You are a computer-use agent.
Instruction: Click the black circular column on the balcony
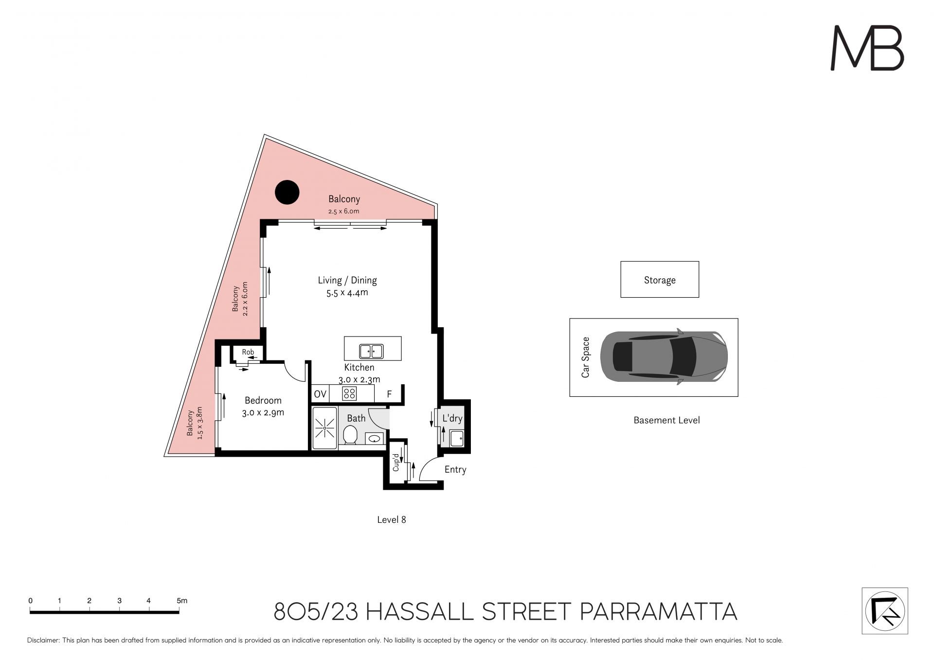(x=287, y=192)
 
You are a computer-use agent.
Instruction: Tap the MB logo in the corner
(x=867, y=48)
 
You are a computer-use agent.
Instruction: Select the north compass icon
(x=885, y=610)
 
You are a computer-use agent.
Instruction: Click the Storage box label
(x=660, y=280)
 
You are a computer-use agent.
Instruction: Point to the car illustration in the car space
(x=664, y=357)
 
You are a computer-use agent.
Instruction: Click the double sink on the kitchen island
(x=371, y=351)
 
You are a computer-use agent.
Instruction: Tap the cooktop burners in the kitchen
(x=349, y=393)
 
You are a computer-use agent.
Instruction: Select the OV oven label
(x=320, y=394)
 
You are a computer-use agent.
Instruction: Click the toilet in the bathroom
(x=350, y=435)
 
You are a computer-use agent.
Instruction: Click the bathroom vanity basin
(x=374, y=439)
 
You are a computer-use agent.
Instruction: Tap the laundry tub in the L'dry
(x=457, y=438)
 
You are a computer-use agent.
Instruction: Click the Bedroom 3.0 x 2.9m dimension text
(x=263, y=413)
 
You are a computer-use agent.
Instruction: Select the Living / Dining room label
(x=347, y=280)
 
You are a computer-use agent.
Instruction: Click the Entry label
(x=455, y=469)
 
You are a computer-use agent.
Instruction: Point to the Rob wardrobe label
(x=248, y=352)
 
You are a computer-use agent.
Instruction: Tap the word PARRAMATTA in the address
(x=659, y=611)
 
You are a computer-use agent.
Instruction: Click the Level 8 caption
(x=392, y=519)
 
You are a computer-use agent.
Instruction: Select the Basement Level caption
(x=666, y=420)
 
